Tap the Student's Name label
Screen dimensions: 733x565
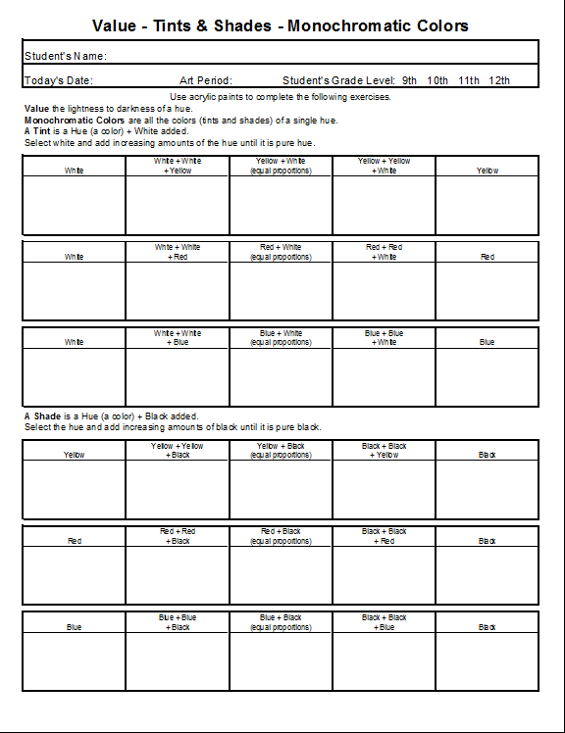tap(65, 57)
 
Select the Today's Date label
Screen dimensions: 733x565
tap(59, 80)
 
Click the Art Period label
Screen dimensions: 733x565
tap(206, 80)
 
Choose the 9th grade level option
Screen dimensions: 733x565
tap(409, 80)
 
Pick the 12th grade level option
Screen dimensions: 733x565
tap(498, 80)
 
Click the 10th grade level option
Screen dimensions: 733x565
tap(437, 80)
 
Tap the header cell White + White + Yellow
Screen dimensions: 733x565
tap(178, 166)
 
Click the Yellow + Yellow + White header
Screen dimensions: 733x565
tap(384, 166)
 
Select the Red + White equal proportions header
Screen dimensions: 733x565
tap(281, 252)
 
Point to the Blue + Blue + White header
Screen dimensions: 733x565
tap(384, 338)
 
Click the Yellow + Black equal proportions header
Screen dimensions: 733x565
tap(281, 450)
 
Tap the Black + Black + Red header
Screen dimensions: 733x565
tap(384, 536)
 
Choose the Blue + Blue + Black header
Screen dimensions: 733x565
tap(178, 622)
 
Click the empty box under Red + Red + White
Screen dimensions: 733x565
tap(384, 291)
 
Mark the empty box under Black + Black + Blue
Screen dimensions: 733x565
tap(384, 661)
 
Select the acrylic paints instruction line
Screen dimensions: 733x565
tap(281, 97)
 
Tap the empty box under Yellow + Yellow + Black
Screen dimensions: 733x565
tap(178, 489)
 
